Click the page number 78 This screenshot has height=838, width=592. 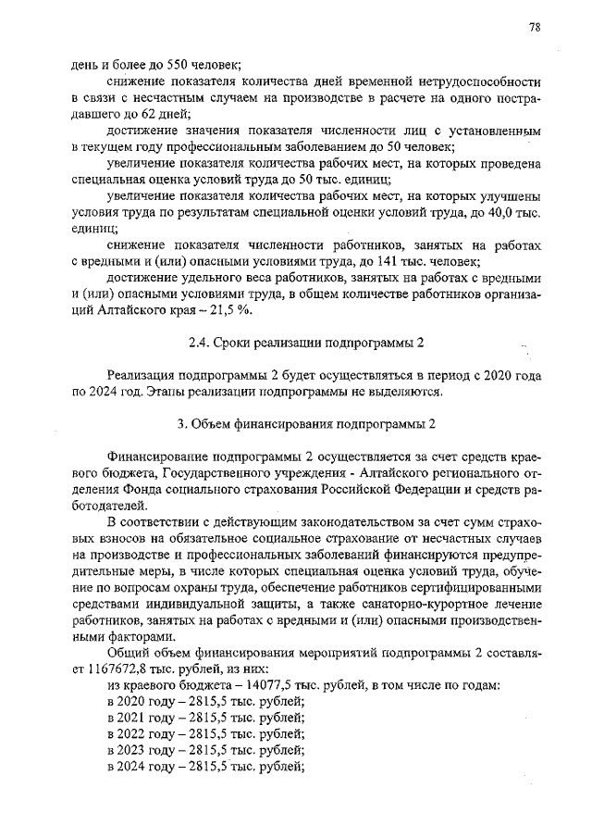tap(535, 27)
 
